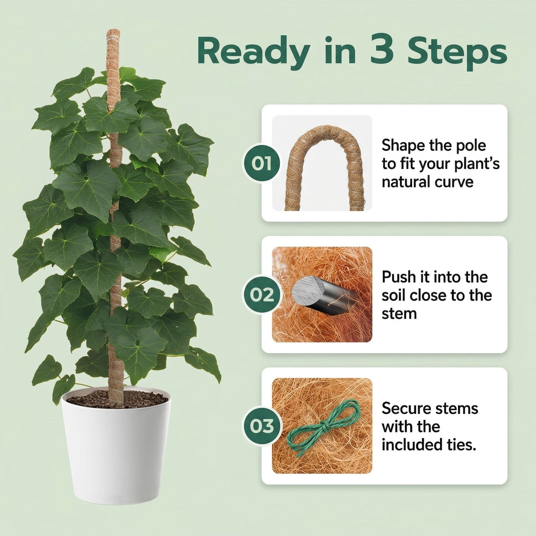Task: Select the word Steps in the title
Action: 457,52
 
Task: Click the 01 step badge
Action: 262,163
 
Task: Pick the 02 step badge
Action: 262,295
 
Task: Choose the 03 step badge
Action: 262,426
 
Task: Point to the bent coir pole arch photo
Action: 322,163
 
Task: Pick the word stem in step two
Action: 399,314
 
